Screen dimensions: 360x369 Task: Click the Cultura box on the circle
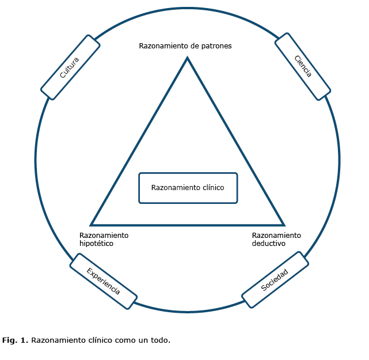pos(70,67)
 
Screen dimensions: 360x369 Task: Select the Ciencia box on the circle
pos(303,66)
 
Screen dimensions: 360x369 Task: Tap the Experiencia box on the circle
pos(104,282)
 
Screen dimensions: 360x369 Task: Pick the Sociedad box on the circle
pos(274,280)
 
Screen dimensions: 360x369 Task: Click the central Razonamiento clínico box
pos(188,188)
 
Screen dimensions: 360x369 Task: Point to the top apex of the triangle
pos(187,58)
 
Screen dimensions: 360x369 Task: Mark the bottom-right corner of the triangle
pos(283,224)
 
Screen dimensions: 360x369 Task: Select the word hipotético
pos(96,244)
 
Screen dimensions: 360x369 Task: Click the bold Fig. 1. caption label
pos(15,340)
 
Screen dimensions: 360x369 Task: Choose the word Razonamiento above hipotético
pos(104,235)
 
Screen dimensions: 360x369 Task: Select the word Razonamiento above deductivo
pos(276,235)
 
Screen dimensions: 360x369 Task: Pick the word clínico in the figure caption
pos(98,340)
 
